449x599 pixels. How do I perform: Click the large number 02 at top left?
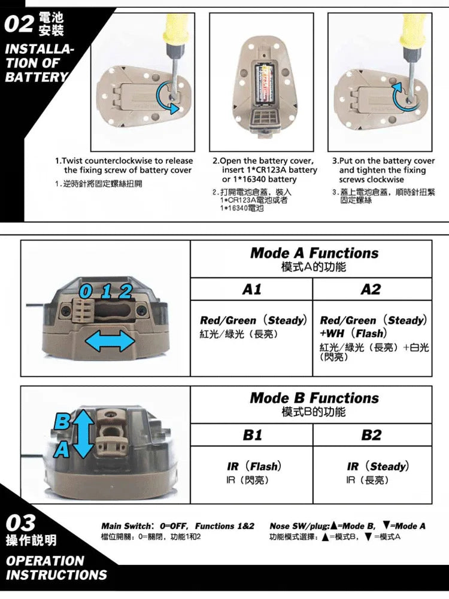19,25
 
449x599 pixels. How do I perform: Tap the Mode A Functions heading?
314,253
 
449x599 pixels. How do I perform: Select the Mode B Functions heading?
314,398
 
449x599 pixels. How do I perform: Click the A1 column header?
251,289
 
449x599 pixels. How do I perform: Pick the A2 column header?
371,289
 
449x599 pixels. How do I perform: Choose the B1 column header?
251,435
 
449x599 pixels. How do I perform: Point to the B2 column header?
371,435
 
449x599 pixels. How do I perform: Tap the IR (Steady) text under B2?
378,466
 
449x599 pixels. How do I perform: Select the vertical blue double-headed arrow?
84,434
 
